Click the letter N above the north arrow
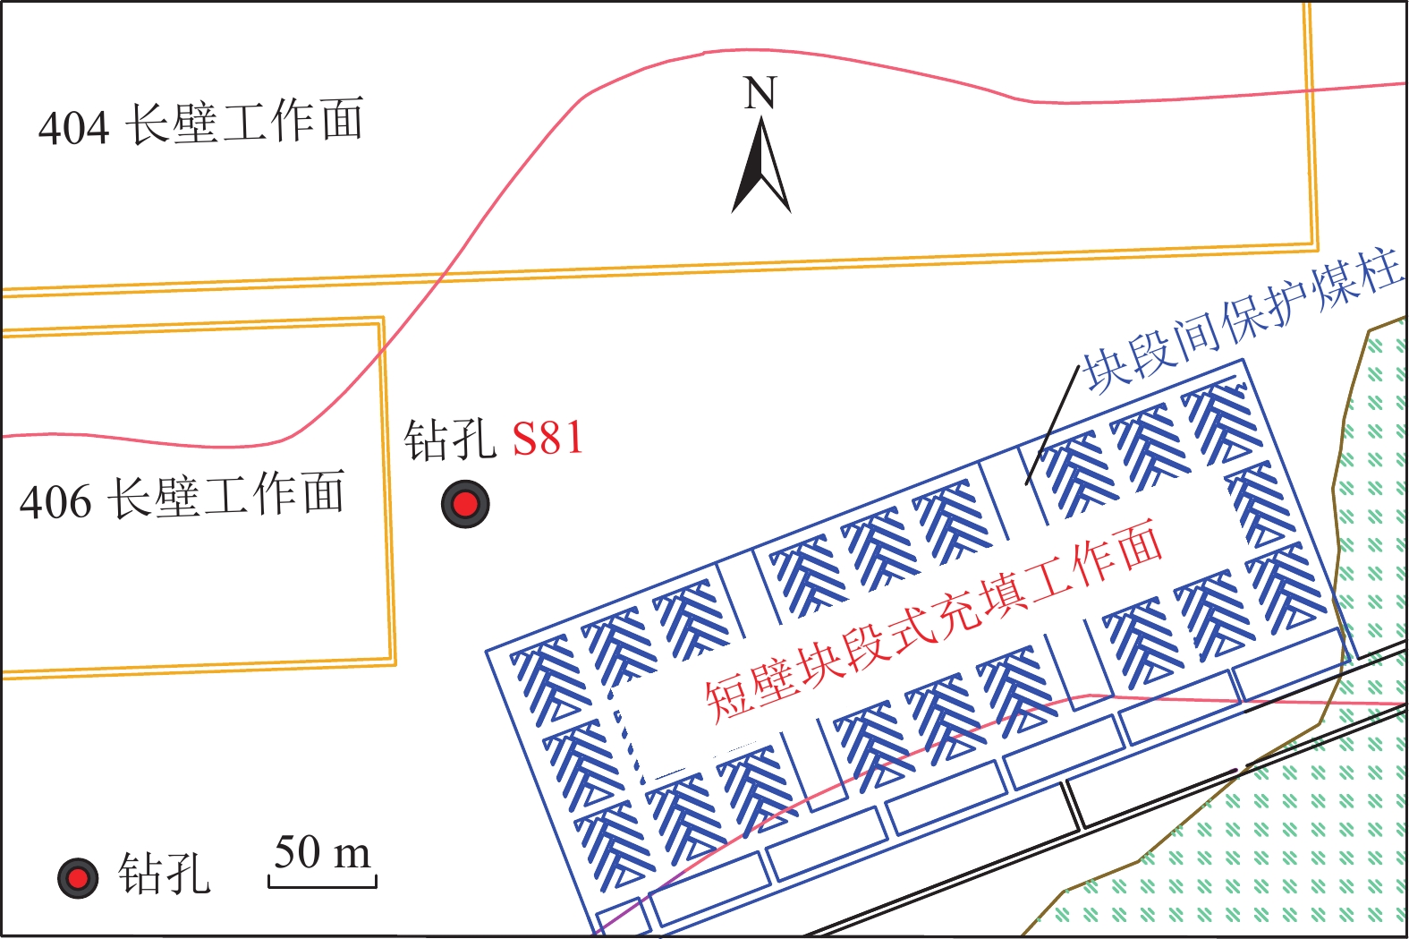pyautogui.click(x=760, y=93)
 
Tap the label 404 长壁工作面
pyautogui.click(x=201, y=123)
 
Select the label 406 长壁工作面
pyautogui.click(x=182, y=497)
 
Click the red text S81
pyautogui.click(x=547, y=439)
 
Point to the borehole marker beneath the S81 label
pyautogui.click(x=465, y=504)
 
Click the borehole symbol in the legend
pyautogui.click(x=78, y=878)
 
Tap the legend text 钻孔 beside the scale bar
pyautogui.click(x=165, y=874)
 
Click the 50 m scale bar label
pyautogui.click(x=322, y=852)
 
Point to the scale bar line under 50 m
pyautogui.click(x=322, y=885)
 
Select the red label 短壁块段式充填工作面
pyautogui.click(x=934, y=619)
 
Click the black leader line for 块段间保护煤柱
pyautogui.click(x=1052, y=424)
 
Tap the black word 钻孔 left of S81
pyautogui.click(x=449, y=439)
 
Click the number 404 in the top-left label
pyautogui.click(x=73, y=127)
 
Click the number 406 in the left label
pyautogui.click(x=55, y=502)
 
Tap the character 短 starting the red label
pyautogui.click(x=726, y=698)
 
